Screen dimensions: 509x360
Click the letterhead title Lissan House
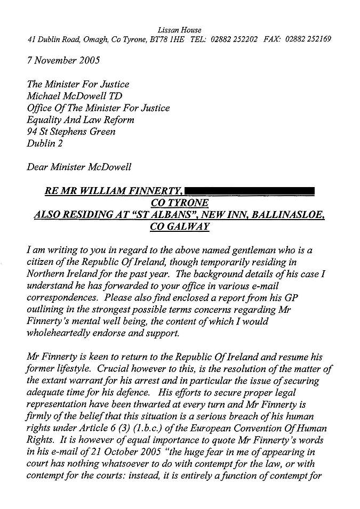pos(180,30)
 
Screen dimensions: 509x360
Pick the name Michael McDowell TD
pos(78,96)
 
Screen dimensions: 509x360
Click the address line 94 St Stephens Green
pos(71,131)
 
